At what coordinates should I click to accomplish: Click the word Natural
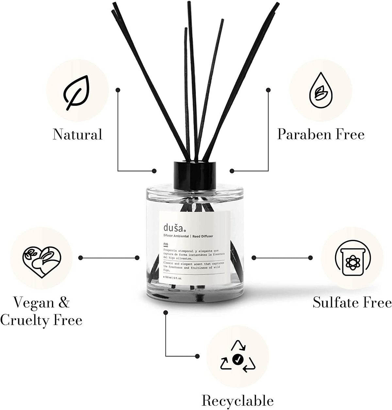coord(77,135)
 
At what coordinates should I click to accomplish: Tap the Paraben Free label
coord(320,134)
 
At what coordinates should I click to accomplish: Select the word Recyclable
coord(237,401)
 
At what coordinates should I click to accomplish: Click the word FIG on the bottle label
coord(165,244)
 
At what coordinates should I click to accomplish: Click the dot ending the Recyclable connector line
coord(197,355)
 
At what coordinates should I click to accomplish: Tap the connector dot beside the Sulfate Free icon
coord(253,258)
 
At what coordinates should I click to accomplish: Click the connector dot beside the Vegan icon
coord(81,258)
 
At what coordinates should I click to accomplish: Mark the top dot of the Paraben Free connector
coord(269,89)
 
